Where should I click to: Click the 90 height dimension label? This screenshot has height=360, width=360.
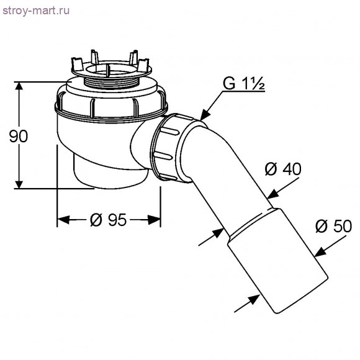click(19, 136)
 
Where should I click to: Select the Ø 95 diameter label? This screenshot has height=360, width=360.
click(108, 219)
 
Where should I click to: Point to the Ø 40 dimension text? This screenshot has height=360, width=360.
click(283, 168)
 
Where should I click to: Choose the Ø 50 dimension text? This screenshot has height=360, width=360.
click(333, 226)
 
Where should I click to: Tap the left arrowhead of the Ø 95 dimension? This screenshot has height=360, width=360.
click(62, 218)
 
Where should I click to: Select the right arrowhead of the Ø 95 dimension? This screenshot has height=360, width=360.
click(156, 218)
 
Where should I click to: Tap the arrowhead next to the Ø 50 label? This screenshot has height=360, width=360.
click(318, 251)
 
